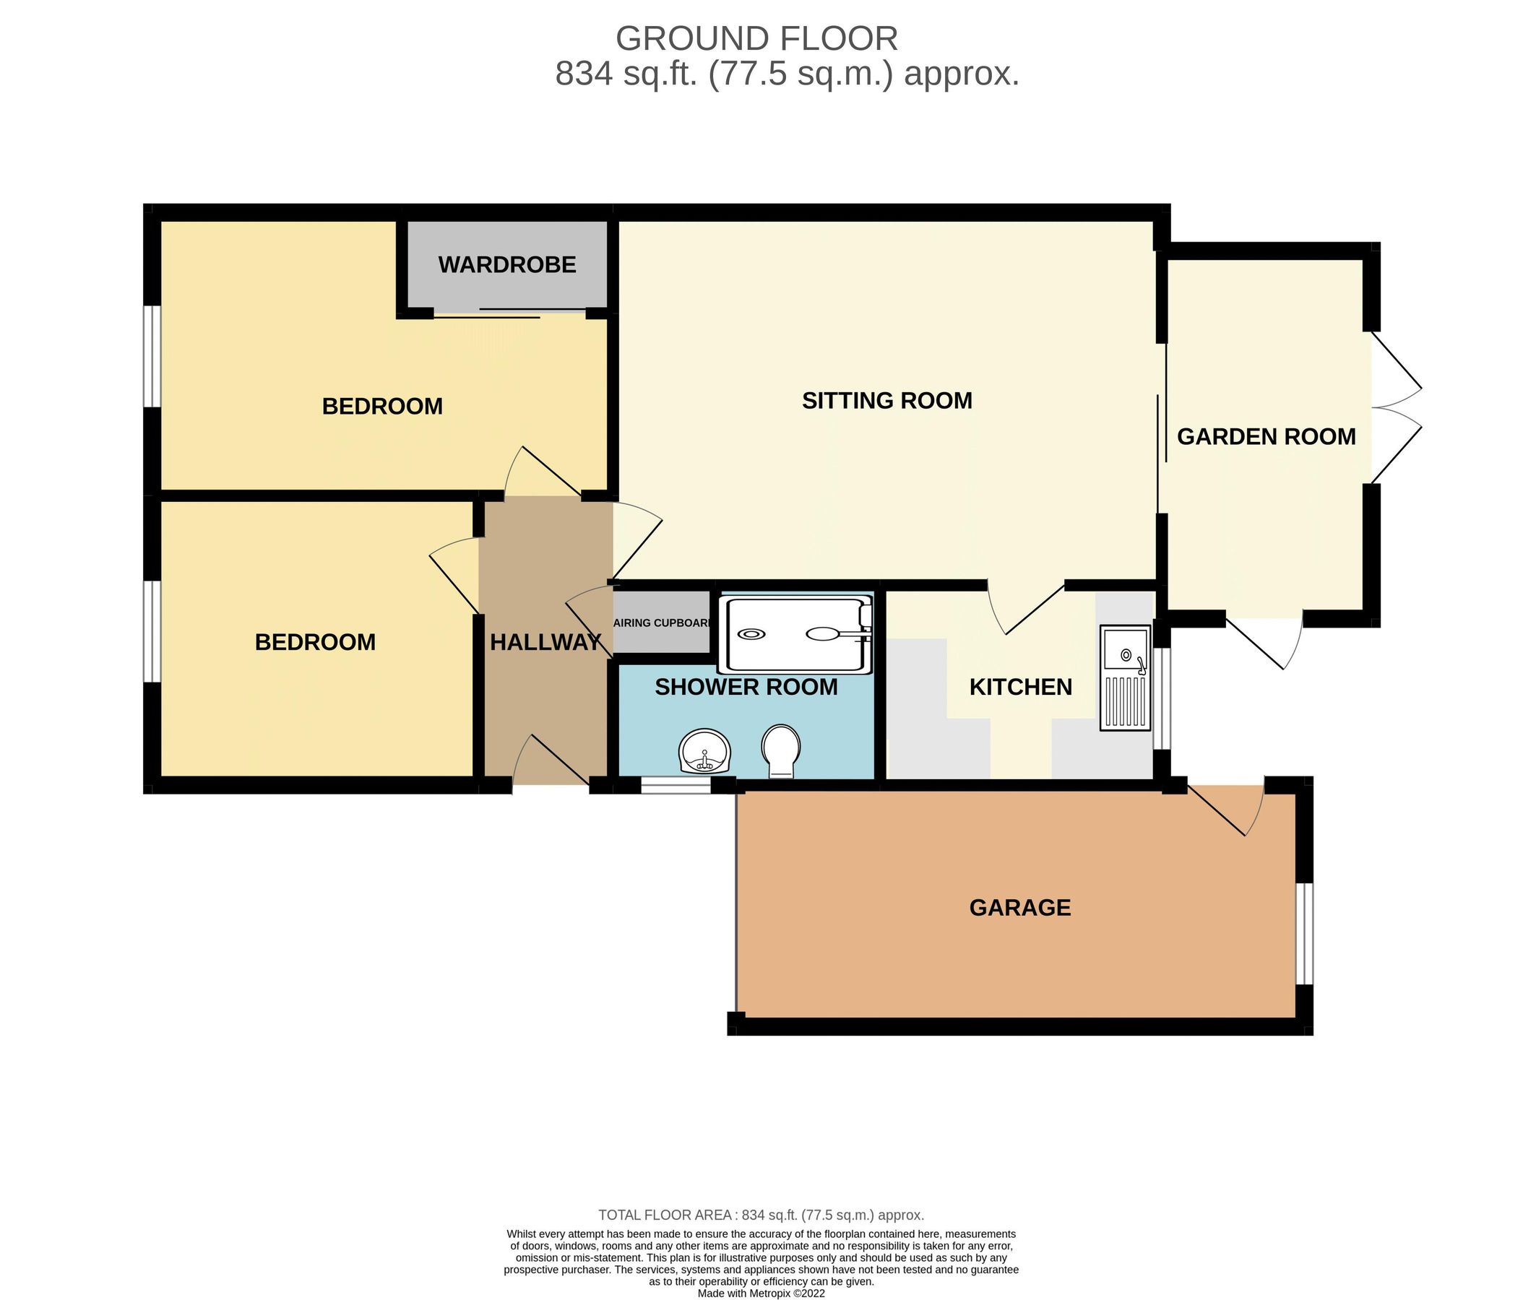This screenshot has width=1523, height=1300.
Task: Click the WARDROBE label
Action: [x=507, y=264]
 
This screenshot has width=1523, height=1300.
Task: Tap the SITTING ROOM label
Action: [x=886, y=401]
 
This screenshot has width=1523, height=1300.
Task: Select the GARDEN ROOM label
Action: [x=1266, y=436]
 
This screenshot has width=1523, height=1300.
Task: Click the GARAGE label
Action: [x=1019, y=908]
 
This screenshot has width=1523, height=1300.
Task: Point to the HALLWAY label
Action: [x=545, y=642]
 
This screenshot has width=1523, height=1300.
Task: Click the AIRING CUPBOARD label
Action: [x=663, y=623]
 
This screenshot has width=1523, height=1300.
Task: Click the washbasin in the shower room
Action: [x=705, y=751]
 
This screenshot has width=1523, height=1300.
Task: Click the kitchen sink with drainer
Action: [x=1125, y=677]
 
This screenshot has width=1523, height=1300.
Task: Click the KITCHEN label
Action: [x=1020, y=687]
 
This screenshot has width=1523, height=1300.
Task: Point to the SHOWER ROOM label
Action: [x=746, y=687]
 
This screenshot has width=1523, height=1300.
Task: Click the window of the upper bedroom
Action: [x=152, y=355]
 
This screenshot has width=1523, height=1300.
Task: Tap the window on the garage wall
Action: [x=1303, y=932]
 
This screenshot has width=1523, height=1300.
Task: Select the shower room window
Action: [x=676, y=786]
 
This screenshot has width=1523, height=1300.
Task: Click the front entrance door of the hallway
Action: [x=551, y=764]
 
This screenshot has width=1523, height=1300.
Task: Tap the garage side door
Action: [x=1226, y=808]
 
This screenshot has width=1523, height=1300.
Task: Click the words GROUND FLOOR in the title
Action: [x=756, y=38]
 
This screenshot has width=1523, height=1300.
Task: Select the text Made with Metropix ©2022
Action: [x=761, y=1293]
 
